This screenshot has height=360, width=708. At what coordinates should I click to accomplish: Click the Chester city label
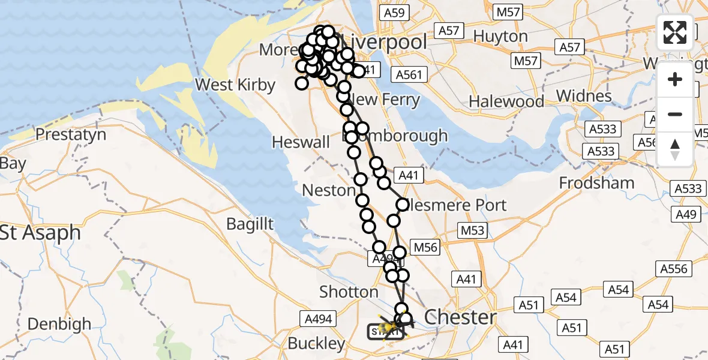click(x=460, y=317)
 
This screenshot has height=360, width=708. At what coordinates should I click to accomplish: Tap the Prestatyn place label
click(x=70, y=134)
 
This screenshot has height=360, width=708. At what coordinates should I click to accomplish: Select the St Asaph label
click(x=40, y=233)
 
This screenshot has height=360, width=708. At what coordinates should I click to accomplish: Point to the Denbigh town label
click(x=59, y=324)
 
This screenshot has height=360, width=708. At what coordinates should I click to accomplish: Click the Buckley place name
click(x=316, y=344)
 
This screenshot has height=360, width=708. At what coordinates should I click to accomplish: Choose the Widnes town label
click(x=583, y=96)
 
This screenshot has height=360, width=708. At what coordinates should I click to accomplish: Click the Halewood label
click(x=506, y=101)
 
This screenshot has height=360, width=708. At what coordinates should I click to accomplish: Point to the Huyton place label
click(x=500, y=37)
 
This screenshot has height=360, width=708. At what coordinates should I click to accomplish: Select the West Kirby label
click(x=235, y=85)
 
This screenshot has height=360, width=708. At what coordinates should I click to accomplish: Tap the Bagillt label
click(x=250, y=224)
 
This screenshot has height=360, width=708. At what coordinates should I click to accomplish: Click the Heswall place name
click(x=301, y=142)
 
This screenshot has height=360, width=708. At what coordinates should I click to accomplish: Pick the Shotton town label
click(x=349, y=292)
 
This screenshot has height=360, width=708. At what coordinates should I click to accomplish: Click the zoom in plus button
click(x=675, y=79)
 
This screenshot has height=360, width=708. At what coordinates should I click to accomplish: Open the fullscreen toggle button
click(x=675, y=32)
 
